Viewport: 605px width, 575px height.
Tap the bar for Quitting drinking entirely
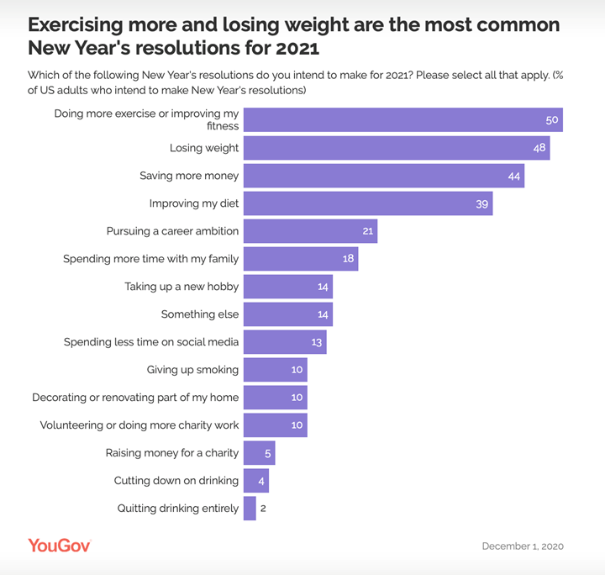click(250, 509)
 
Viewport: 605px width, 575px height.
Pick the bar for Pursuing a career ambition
click(310, 231)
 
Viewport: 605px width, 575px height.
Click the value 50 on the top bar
click(552, 120)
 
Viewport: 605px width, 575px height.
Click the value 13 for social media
click(316, 342)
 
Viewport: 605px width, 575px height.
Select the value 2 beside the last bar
click(263, 509)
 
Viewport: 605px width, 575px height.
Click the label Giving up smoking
click(192, 370)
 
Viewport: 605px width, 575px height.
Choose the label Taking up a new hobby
click(181, 287)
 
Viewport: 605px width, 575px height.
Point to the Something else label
click(200, 314)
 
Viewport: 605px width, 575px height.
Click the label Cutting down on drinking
click(176, 481)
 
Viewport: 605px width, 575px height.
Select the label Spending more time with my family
click(151, 259)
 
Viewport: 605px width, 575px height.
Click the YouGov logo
click(60, 546)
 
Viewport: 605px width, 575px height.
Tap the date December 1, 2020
click(522, 546)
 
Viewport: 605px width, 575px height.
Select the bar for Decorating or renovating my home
click(276, 398)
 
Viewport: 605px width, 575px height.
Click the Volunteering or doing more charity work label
click(139, 425)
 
